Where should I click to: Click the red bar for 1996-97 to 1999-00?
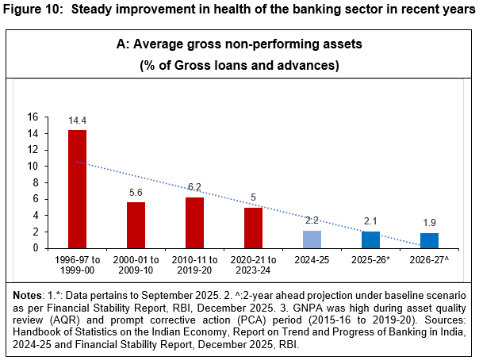[77, 189]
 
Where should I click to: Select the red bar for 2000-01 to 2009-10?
[136, 225]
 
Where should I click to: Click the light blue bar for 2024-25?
[312, 239]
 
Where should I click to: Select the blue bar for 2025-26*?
[370, 239]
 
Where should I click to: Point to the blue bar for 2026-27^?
[429, 240]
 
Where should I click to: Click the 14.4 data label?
[77, 121]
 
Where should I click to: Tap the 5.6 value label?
[136, 193]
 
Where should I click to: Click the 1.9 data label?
[429, 224]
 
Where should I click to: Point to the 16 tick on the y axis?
[33, 117]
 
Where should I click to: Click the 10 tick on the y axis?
[33, 166]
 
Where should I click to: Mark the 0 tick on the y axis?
[36, 248]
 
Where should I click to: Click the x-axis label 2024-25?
[312, 259]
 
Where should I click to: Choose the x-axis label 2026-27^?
[429, 259]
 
